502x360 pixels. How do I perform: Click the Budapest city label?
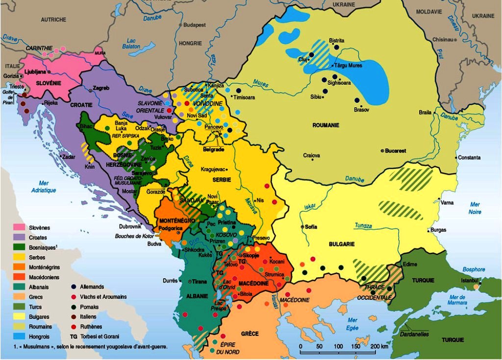pyautogui.click(x=194, y=25)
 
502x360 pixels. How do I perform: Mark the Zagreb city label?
pyautogui.click(x=101, y=88)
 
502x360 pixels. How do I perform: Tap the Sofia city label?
pyautogui.click(x=311, y=227)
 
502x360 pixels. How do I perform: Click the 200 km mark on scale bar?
pyautogui.click(x=375, y=347)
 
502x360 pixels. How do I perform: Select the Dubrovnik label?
pyautogui.click(x=130, y=226)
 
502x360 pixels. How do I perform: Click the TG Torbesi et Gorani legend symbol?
pyautogui.click(x=74, y=336)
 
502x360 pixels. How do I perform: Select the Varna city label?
pyautogui.click(x=447, y=202)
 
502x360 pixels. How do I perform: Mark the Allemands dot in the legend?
pyautogui.click(x=74, y=287)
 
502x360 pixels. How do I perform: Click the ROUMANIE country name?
pyautogui.click(x=326, y=125)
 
